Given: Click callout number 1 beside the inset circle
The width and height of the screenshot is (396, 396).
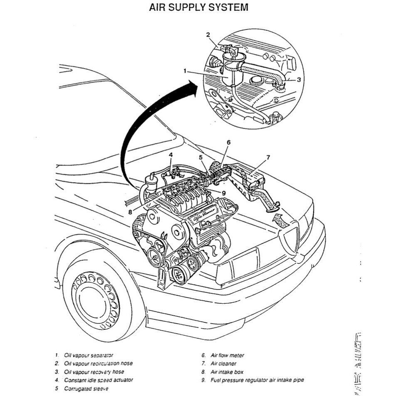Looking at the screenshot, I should click(x=185, y=71).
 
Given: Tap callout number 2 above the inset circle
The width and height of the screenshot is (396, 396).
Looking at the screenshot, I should click(x=208, y=35).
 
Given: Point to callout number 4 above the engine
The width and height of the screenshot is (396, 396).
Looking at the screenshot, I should click(x=171, y=155).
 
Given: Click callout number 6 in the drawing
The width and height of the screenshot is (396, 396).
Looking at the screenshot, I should click(x=228, y=142).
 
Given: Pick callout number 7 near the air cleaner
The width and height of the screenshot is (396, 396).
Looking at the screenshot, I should click(x=268, y=157).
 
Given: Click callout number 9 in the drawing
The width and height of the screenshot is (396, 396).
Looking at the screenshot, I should click(x=223, y=193).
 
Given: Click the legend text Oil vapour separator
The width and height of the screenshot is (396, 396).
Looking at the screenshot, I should click(x=89, y=355).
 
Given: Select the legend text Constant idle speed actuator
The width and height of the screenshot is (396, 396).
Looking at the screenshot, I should click(x=99, y=380).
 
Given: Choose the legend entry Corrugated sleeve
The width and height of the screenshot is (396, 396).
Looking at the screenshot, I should click(x=86, y=389).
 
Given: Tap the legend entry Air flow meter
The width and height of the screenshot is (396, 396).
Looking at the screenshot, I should click(x=227, y=355).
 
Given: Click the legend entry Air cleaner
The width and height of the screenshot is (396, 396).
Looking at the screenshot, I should click(x=224, y=364).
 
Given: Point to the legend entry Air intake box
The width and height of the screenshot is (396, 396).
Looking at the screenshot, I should click(x=227, y=372).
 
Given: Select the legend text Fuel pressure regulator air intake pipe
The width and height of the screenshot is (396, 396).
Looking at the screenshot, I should click(x=257, y=380).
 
